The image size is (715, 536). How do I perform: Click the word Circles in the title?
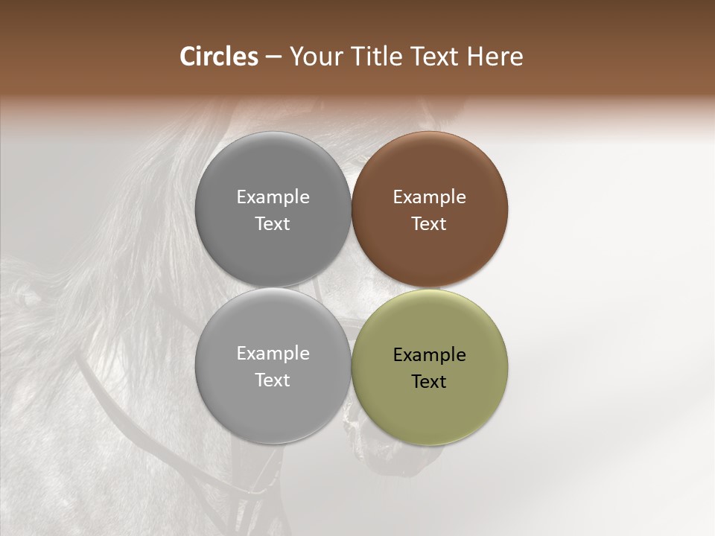pyautogui.click(x=218, y=57)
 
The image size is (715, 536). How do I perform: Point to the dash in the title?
pyautogui.click(x=273, y=57)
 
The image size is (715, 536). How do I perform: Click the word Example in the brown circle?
pyautogui.click(x=430, y=197)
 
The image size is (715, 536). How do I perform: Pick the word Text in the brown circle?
pyautogui.click(x=430, y=224)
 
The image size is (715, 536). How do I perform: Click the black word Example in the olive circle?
pyautogui.click(x=430, y=354)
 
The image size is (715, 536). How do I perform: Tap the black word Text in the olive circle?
pyautogui.click(x=430, y=381)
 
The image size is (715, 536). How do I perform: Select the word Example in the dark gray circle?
pyautogui.click(x=273, y=197)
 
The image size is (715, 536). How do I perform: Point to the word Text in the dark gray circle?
pyautogui.click(x=273, y=224)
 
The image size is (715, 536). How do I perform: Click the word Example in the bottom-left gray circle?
pyautogui.click(x=273, y=354)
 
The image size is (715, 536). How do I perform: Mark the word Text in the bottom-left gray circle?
pyautogui.click(x=273, y=380)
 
